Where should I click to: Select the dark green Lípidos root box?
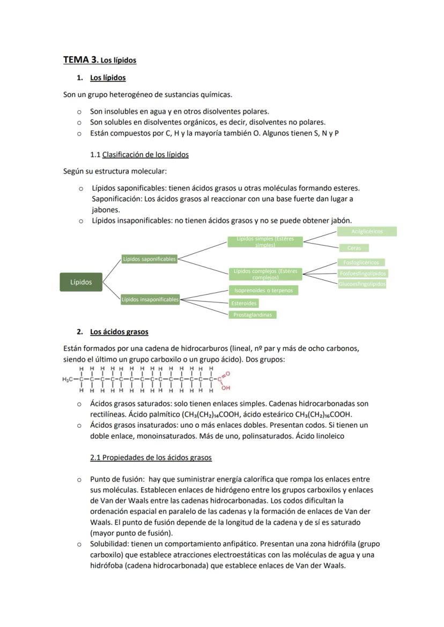pos(81,282)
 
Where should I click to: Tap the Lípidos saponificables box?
pos(149,259)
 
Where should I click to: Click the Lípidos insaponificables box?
pos(150,300)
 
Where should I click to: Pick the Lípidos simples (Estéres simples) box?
pos(265,242)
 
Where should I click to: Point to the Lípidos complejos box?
pos(265,274)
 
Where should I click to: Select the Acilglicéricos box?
pos(367,231)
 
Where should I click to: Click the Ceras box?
pos(354,248)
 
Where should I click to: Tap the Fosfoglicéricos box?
pos(361,262)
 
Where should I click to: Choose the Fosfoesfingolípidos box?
pos(362,273)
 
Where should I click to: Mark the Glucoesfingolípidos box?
pos(362,284)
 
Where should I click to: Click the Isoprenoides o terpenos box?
pos(263,290)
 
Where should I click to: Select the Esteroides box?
pos(244,303)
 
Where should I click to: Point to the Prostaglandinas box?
pos(253,315)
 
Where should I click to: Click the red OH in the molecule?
pos(225,388)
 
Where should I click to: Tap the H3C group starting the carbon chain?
pos(68,380)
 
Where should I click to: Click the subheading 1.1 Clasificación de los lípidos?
pos(139,155)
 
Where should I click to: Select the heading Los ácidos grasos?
pos(119,332)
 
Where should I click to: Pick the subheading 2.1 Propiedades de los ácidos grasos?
pos(151,458)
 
